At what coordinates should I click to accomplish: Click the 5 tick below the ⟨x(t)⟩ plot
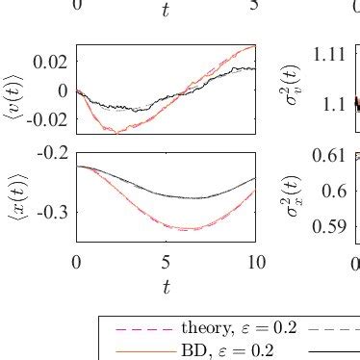tap(166, 261)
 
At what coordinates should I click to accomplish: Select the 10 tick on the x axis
tap(256, 261)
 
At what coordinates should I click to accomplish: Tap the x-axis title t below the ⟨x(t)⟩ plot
tap(166, 287)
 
